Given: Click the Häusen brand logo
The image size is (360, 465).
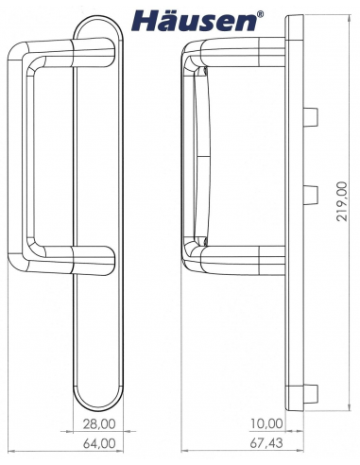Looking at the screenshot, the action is tap(195, 21).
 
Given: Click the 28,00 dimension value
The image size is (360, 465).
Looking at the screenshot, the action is tap(99, 424).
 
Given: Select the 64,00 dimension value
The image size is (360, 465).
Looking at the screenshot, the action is tap(99, 443).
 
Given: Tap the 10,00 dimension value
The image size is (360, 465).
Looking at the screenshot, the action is tap(266, 423).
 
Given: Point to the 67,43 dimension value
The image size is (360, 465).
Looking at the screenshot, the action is tap(266, 443).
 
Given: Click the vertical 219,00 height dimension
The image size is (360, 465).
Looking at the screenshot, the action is tap(342, 201).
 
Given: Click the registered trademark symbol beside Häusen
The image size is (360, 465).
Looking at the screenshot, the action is tap(261, 14).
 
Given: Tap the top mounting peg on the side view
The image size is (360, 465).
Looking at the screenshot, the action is tap(310, 116).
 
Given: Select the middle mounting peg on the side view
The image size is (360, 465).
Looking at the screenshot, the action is tap(310, 195).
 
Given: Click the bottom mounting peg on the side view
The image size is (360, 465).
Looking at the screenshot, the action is tap(310, 394).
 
